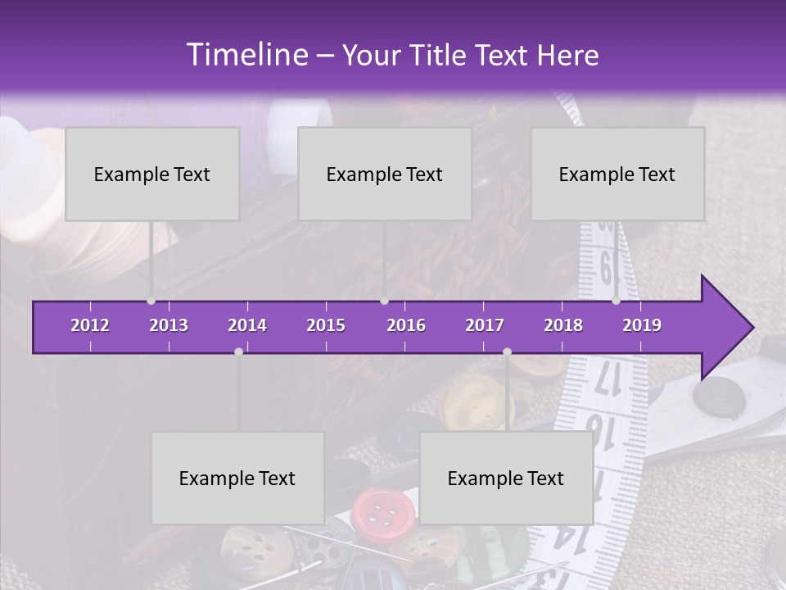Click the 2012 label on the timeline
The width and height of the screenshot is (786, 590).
click(x=90, y=325)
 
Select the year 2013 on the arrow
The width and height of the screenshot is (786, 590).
click(x=169, y=325)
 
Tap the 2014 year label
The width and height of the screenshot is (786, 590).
click(x=247, y=325)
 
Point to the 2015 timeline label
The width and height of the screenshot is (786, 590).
click(x=326, y=325)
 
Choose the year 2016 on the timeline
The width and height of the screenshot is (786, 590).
click(x=406, y=325)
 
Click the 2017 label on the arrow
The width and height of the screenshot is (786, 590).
click(x=485, y=325)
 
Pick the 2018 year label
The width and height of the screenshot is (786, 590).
click(x=563, y=325)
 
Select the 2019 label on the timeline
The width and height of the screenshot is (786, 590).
click(x=642, y=325)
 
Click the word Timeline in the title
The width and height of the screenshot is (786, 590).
click(x=246, y=55)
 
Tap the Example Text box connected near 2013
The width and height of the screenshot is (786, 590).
click(x=152, y=174)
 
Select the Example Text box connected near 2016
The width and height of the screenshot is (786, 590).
click(x=385, y=174)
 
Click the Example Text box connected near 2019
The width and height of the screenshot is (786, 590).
click(x=617, y=174)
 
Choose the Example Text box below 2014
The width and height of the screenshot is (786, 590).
click(x=237, y=478)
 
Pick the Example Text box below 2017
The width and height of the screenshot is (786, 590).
click(x=506, y=478)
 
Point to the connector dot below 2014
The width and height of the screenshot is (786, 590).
click(x=238, y=352)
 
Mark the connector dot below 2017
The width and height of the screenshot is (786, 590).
click(x=507, y=352)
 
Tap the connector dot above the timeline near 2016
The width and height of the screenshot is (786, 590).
click(x=384, y=301)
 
